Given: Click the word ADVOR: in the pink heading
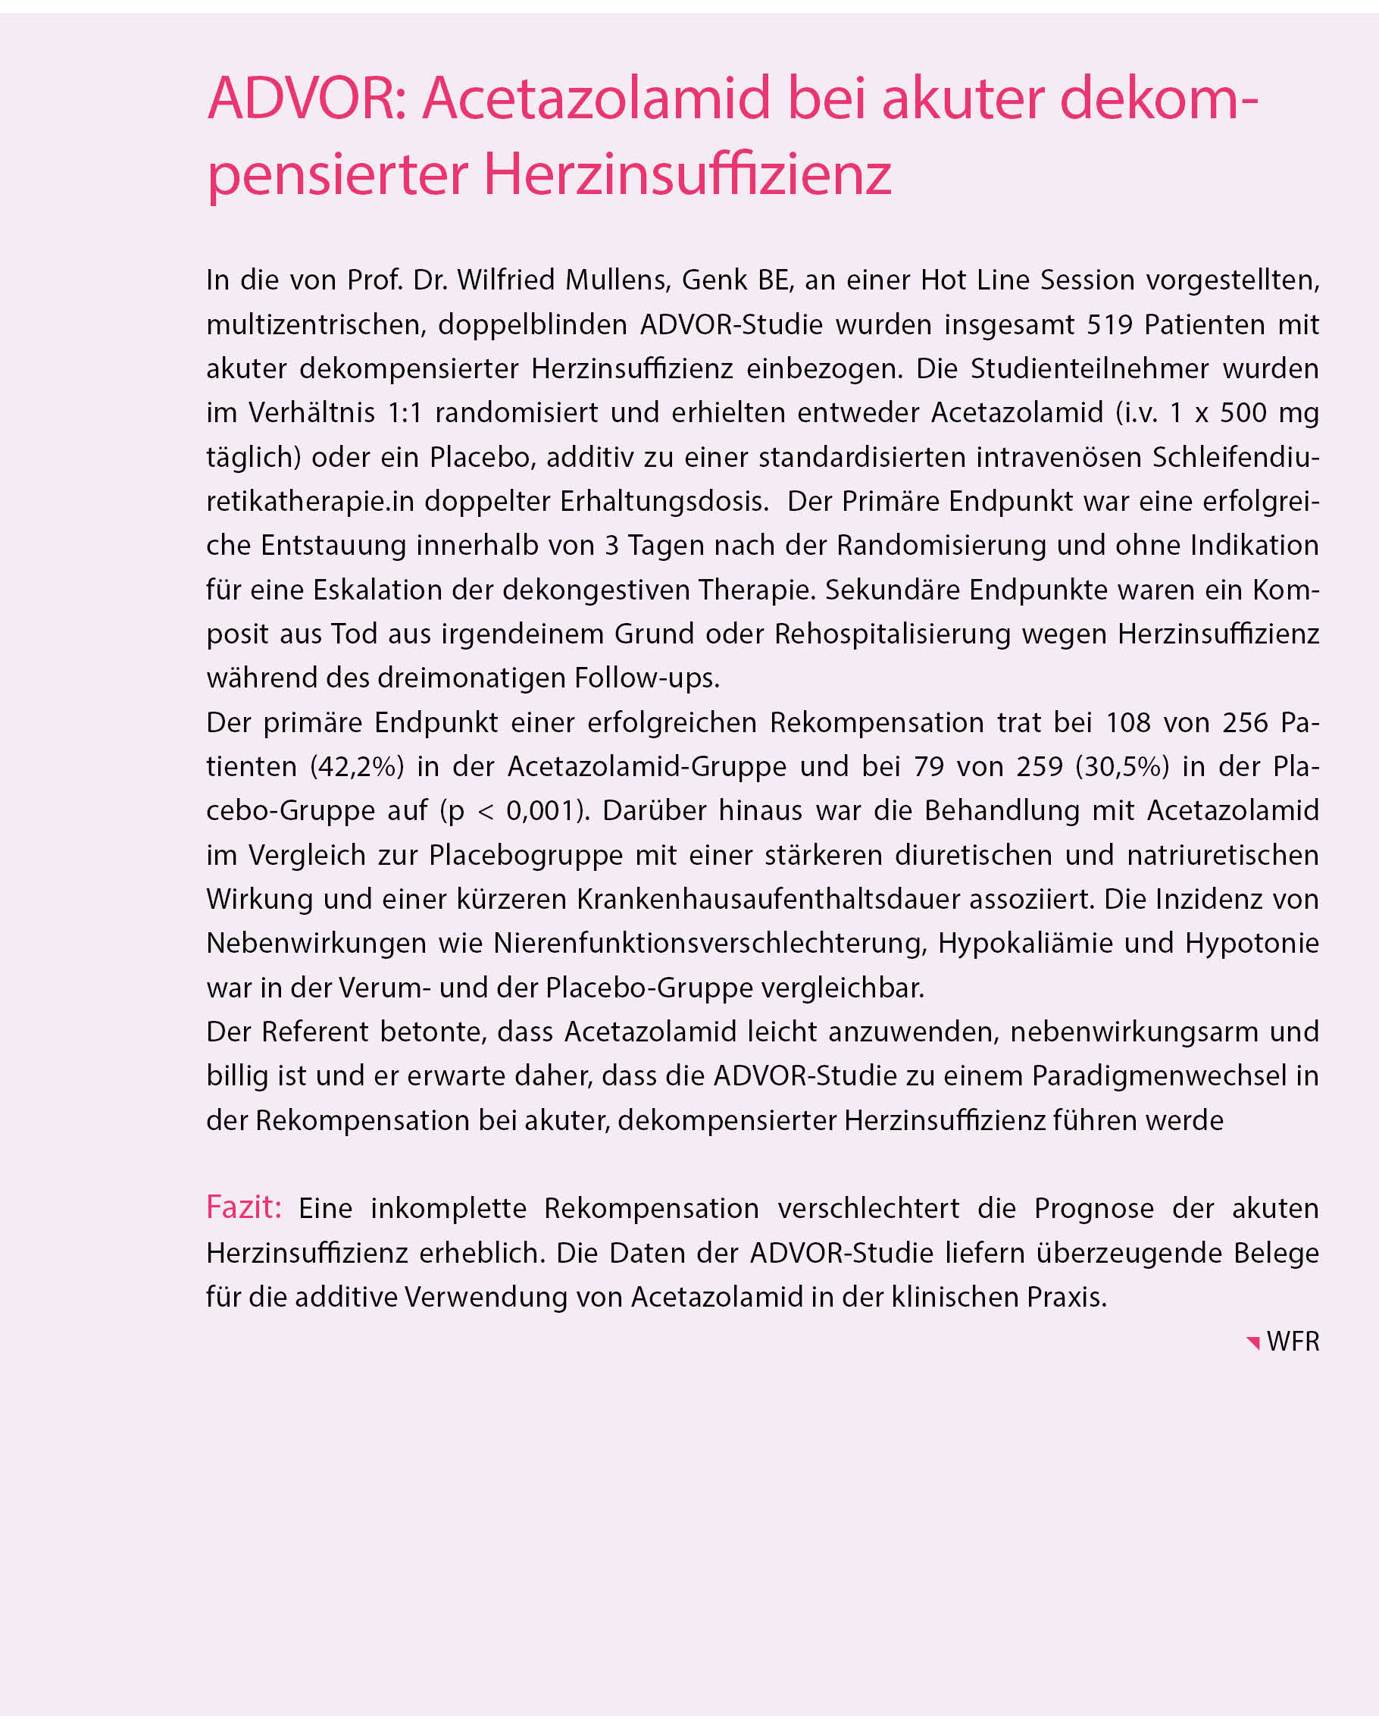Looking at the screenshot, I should (307, 99).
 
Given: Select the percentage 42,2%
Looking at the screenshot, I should (357, 766).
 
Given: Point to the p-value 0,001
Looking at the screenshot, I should (540, 811).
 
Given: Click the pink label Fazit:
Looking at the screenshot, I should (244, 1208).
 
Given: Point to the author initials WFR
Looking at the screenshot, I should (1292, 1342).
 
